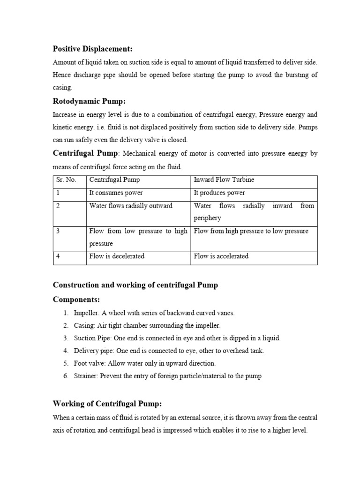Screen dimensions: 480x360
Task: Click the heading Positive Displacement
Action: (93, 49)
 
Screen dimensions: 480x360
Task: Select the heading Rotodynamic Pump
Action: (89, 101)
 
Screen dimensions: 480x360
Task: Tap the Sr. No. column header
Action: (66, 180)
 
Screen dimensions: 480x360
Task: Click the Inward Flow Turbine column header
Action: (224, 180)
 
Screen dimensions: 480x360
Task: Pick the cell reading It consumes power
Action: (116, 193)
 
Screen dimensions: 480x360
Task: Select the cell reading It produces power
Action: (219, 193)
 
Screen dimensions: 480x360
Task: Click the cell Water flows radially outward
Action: (131, 205)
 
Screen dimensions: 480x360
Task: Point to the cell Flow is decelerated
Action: (117, 256)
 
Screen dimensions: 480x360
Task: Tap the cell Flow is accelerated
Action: (221, 256)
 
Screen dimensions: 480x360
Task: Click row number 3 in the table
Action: (58, 231)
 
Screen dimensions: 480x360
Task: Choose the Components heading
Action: (76, 300)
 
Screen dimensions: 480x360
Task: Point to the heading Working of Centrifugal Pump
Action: (107, 404)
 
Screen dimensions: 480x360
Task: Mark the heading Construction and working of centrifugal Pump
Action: (135, 285)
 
